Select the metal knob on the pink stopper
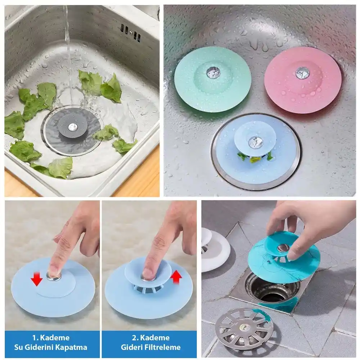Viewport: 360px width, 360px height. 303,73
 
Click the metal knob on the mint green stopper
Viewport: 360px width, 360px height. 213,72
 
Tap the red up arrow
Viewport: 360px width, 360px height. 177,277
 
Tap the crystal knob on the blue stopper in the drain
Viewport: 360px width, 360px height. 255,142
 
